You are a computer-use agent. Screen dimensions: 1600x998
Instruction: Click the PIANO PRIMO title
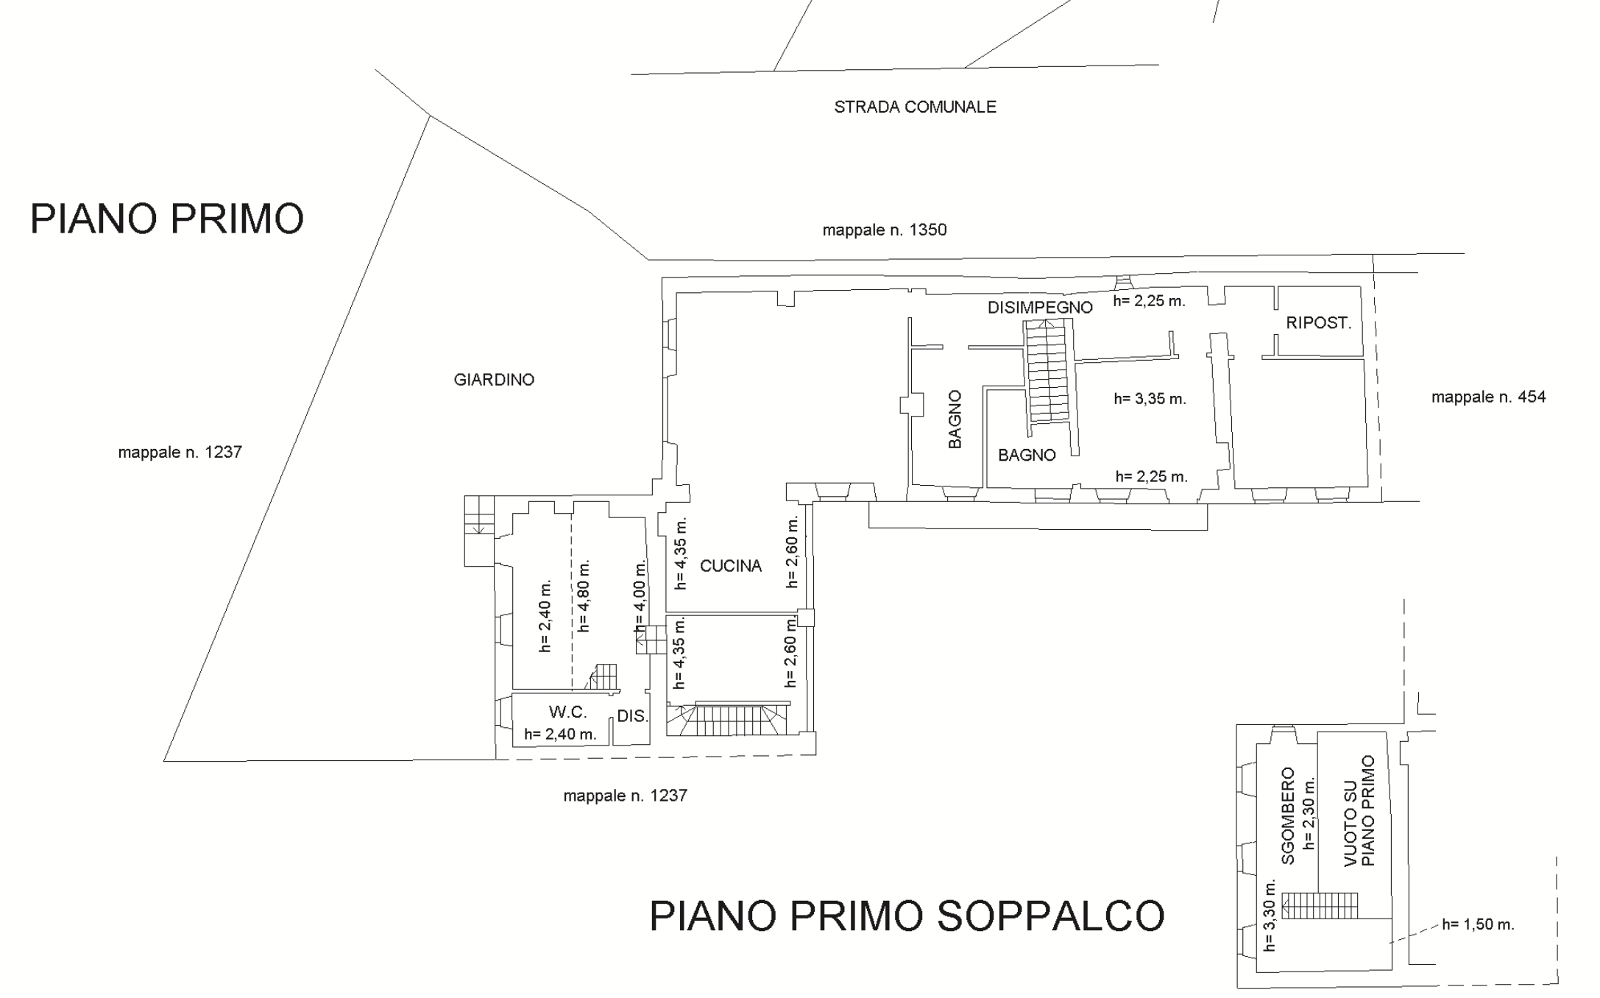pos(167,219)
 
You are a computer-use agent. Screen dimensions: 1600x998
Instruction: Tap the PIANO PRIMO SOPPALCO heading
pos(907,916)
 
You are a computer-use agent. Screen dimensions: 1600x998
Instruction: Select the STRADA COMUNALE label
pos(915,107)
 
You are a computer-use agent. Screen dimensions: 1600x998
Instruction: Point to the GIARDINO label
pos(494,380)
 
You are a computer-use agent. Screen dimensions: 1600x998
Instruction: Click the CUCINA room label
pos(731,566)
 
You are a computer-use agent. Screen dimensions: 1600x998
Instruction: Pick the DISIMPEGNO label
pos(1040,308)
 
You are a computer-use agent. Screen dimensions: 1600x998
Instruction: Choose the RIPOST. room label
pos(1319,322)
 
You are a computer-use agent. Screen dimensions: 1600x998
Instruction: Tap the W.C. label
pos(567,712)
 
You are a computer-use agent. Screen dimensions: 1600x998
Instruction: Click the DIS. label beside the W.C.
pos(632,715)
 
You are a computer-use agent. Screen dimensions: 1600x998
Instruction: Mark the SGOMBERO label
pos(1288,815)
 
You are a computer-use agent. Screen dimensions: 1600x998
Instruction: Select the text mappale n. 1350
pos(885,230)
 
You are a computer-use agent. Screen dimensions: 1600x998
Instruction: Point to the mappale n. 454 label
pos(1488,397)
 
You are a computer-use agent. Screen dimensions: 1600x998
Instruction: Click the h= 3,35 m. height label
pos(1150,399)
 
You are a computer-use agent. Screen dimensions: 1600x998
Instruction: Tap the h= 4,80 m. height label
pos(584,596)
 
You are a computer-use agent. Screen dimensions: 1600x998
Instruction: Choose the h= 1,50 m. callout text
pos(1478,924)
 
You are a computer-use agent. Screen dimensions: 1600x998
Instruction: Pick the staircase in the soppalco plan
pos(1320,905)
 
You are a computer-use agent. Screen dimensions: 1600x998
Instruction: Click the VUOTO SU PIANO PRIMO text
pos(1359,811)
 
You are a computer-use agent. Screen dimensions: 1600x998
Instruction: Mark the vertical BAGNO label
pos(955,420)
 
